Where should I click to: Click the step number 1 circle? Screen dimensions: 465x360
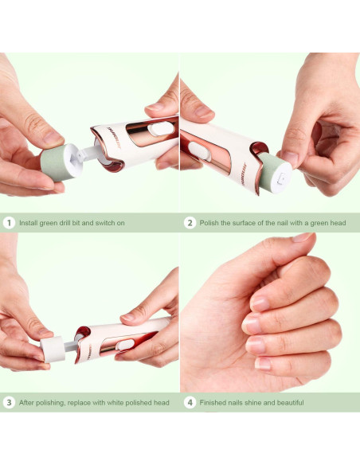(x=9, y=223)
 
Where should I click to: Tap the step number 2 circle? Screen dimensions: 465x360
(x=190, y=223)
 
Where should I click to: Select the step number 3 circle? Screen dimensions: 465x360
(x=9, y=403)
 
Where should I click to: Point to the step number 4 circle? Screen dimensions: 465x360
(x=190, y=403)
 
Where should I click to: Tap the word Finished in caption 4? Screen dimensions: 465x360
(x=213, y=403)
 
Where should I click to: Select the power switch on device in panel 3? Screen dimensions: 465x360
(x=125, y=344)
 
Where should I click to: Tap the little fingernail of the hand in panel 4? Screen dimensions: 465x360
(x=262, y=363)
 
